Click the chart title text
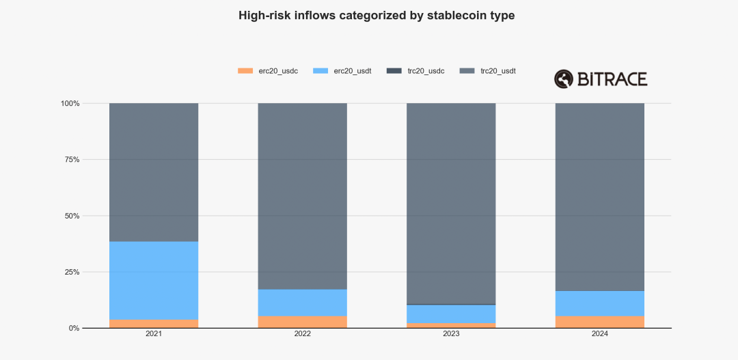[x=377, y=15]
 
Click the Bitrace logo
[x=600, y=79]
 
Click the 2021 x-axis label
[x=154, y=335]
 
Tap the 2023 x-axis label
[x=451, y=335]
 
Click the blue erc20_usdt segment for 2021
[x=154, y=280]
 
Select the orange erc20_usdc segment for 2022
[x=302, y=322]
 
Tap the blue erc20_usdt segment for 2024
[x=599, y=303]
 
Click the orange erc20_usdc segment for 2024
[x=599, y=322]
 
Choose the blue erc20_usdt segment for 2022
[x=302, y=303]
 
